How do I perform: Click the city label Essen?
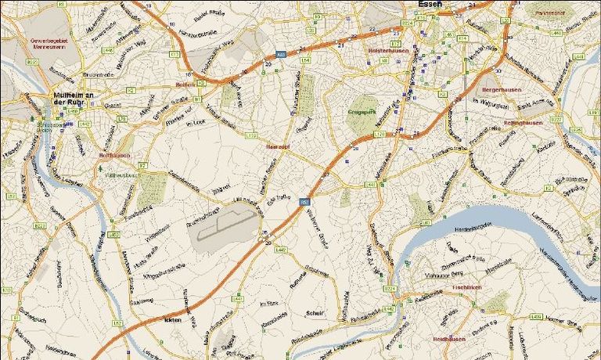coord(430,5)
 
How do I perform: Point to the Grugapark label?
coord(362,112)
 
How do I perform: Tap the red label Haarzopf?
coord(279,146)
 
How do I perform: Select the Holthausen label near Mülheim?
coord(113,155)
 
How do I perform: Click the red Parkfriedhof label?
coord(549,13)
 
